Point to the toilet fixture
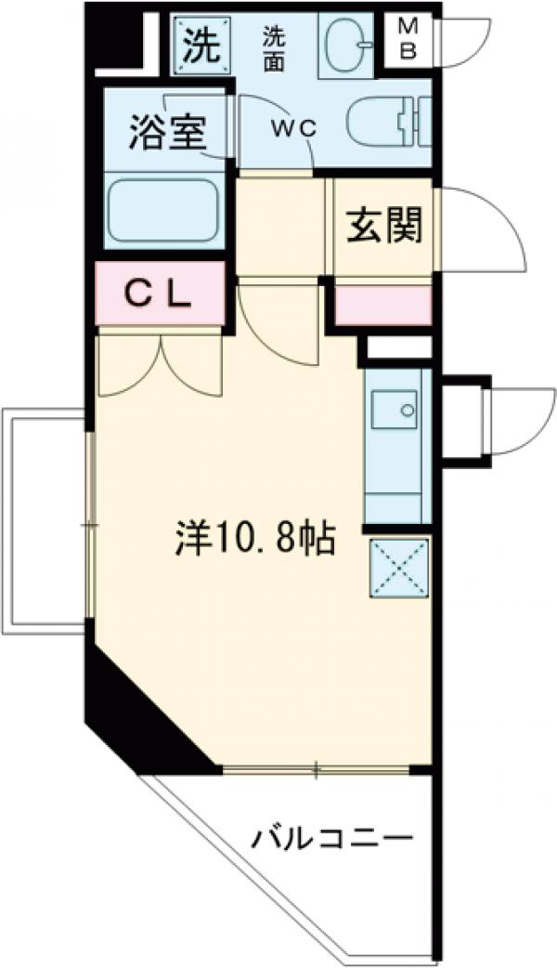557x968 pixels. [390, 123]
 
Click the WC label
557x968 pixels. [294, 130]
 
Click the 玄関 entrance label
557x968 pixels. [384, 225]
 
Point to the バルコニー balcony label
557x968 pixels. [332, 841]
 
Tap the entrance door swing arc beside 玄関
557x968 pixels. [483, 228]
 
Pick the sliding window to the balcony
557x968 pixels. [316, 769]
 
